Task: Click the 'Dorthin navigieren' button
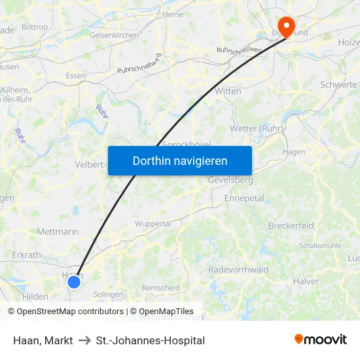[x=180, y=160]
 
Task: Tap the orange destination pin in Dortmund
[x=285, y=27]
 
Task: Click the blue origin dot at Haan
[x=74, y=281]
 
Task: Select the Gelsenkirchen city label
[x=114, y=35]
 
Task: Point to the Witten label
[x=228, y=91]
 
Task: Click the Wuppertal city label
[x=153, y=223]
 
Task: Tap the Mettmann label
[x=58, y=231]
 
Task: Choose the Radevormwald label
[x=238, y=270]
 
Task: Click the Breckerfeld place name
[x=291, y=226]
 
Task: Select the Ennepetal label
[x=243, y=198]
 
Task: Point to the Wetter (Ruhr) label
[x=257, y=128]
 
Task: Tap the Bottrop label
[x=35, y=27]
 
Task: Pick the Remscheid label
[x=161, y=287]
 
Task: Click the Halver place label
[x=306, y=281]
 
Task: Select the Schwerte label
[x=338, y=84]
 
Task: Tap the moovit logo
[x=321, y=339]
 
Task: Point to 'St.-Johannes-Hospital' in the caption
[x=151, y=340]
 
